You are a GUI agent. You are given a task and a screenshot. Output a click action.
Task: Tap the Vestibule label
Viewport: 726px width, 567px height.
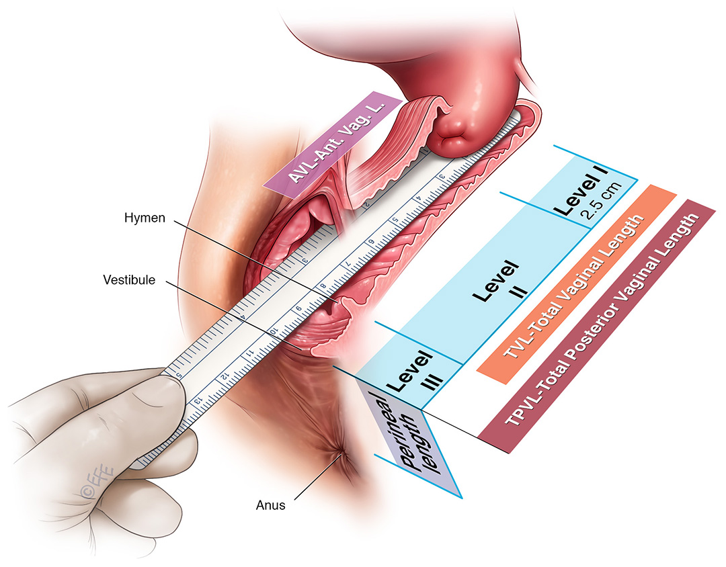129,279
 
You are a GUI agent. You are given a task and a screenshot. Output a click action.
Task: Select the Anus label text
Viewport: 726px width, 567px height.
272,506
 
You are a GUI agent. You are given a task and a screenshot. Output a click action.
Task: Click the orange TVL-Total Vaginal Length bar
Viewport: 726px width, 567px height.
575,285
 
